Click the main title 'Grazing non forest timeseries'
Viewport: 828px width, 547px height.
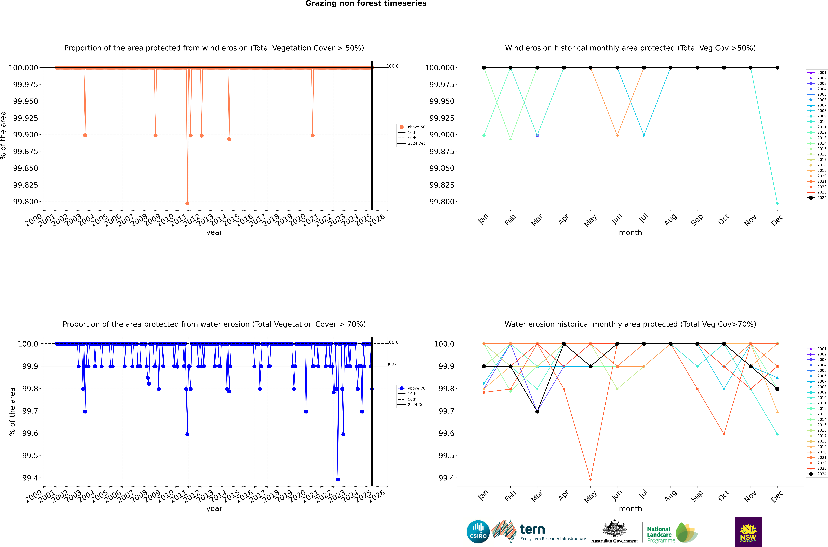coord(366,3)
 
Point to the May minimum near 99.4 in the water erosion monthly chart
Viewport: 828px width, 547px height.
coord(590,479)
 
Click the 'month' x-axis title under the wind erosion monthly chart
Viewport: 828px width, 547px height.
coord(630,233)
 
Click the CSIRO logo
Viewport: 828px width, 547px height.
coord(478,532)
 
